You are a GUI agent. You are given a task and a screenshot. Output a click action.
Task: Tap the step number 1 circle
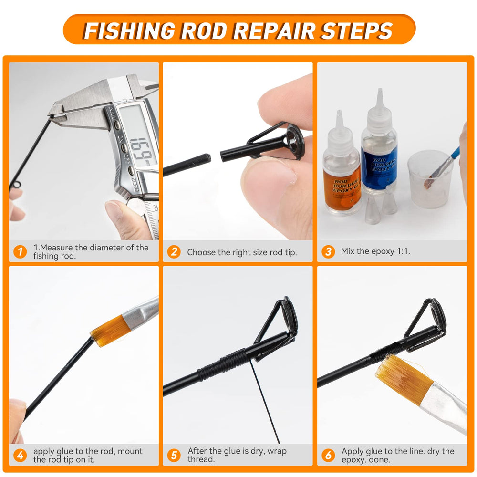(20, 251)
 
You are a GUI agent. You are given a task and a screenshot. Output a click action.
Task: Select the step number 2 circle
(174, 251)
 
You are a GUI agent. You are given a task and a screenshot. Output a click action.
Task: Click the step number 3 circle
(328, 251)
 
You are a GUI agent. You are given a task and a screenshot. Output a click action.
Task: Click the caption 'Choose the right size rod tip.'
(242, 252)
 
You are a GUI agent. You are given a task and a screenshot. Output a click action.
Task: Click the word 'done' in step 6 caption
(379, 460)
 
